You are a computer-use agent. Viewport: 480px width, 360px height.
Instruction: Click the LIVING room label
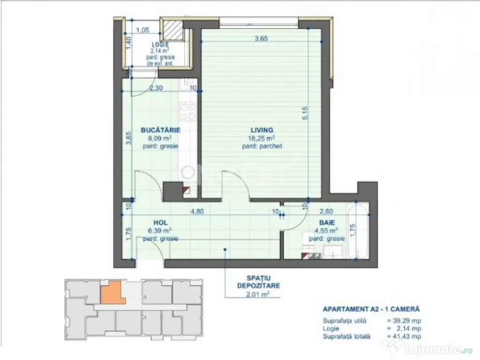261,130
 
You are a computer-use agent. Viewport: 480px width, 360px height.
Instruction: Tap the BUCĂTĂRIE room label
161,130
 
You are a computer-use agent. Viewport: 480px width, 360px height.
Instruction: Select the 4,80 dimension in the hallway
196,211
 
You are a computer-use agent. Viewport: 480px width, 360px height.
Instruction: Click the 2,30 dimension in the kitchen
156,87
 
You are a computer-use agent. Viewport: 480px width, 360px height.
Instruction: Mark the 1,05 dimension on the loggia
142,30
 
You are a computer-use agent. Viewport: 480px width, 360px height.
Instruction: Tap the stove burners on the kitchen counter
188,112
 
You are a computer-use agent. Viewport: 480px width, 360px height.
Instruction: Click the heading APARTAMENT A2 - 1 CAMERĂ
371,309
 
